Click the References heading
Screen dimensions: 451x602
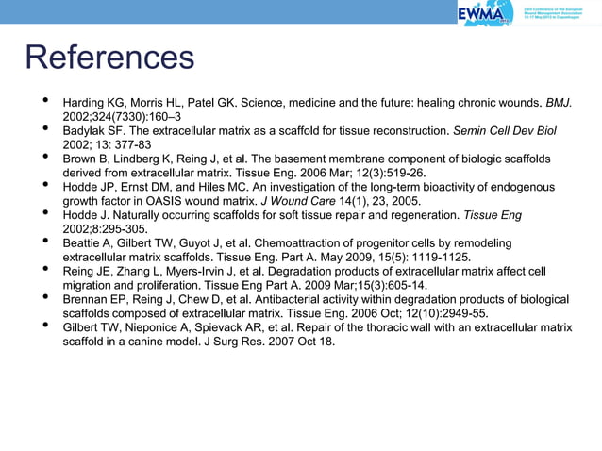click(109, 58)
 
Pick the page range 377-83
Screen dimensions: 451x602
click(130, 144)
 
